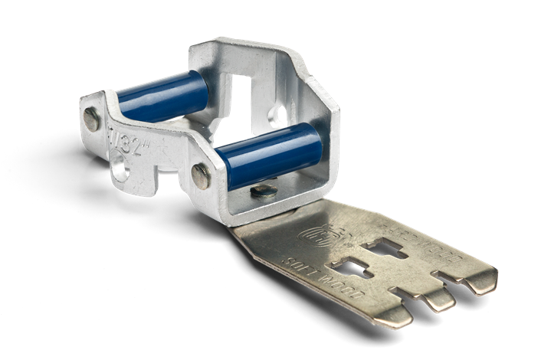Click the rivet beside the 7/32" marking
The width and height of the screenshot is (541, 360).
point(91,117)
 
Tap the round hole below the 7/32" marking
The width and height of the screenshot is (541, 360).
point(120,162)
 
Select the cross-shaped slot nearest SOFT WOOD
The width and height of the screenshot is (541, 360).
point(353,269)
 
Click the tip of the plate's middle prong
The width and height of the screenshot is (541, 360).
point(445,303)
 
